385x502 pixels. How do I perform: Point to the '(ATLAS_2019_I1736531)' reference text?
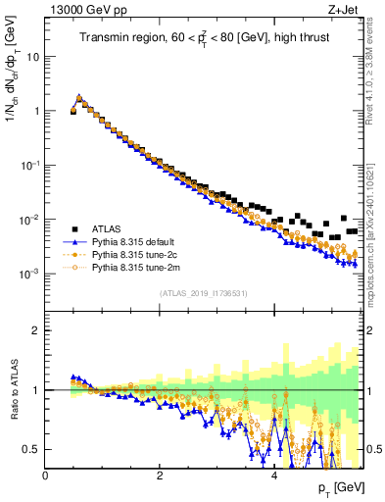203,293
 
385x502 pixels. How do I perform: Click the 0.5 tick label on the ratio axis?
34,449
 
